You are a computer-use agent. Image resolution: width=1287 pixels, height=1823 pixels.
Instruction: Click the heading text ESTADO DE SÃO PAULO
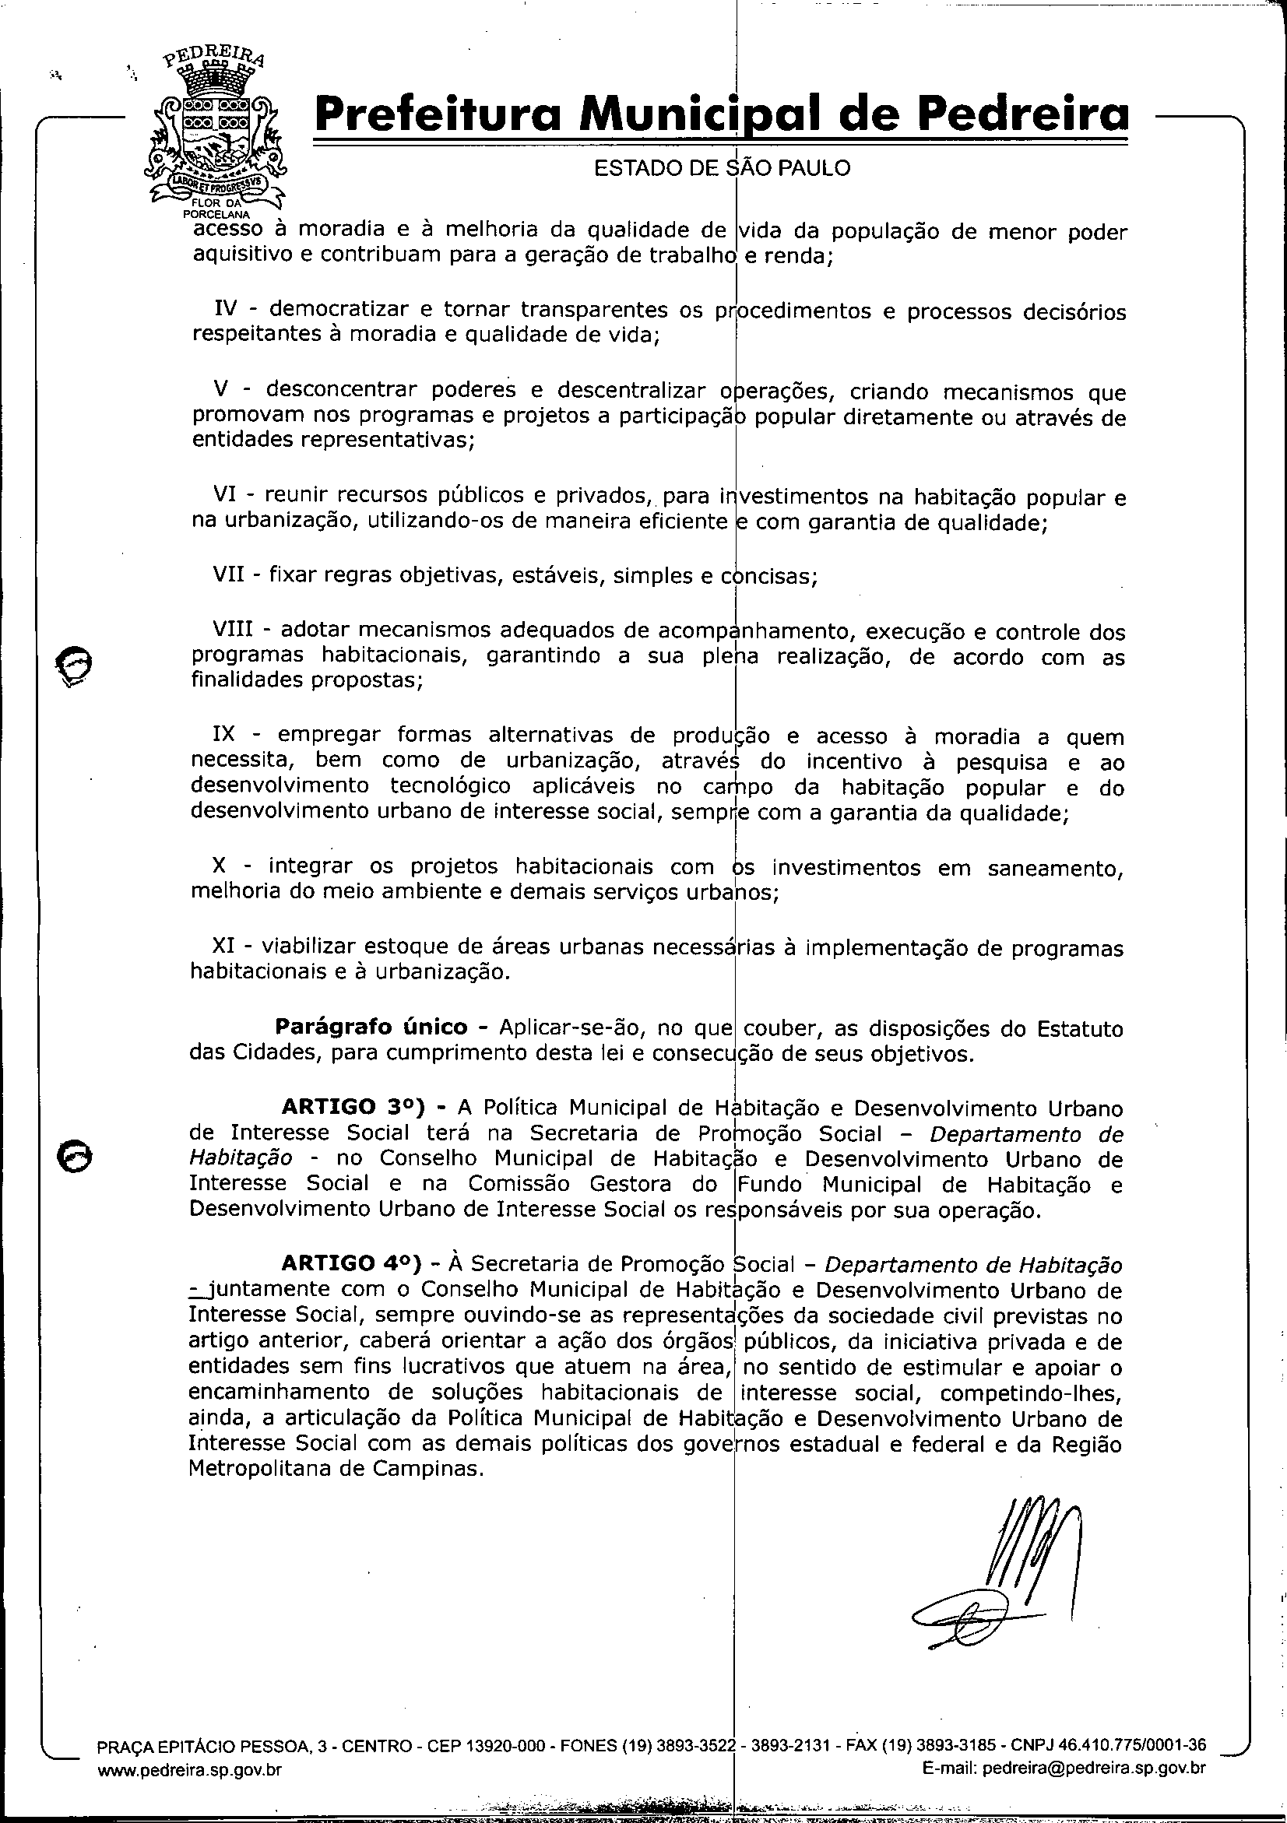[722, 168]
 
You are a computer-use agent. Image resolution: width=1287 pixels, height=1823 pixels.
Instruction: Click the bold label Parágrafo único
[371, 1027]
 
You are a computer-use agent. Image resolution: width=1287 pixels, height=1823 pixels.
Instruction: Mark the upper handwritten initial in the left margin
[74, 662]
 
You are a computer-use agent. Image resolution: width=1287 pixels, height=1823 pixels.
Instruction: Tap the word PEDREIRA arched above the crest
[214, 61]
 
